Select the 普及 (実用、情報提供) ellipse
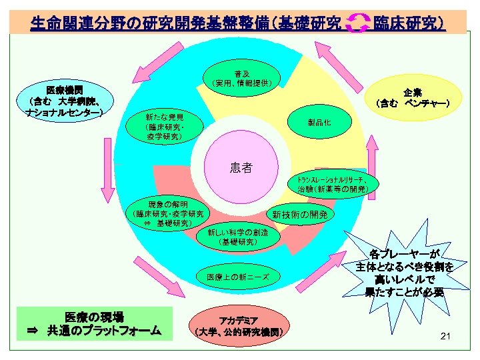(x=242, y=78)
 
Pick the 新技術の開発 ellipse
(x=299, y=215)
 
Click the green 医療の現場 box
(x=94, y=323)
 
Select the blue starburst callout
(x=405, y=273)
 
